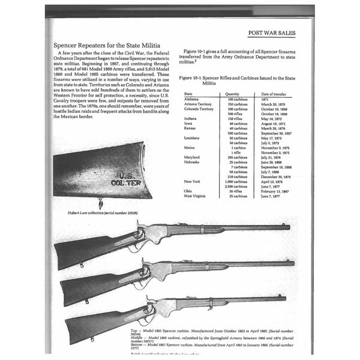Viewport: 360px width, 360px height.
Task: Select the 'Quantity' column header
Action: click(232, 94)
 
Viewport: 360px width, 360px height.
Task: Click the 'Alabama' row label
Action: click(192, 100)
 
